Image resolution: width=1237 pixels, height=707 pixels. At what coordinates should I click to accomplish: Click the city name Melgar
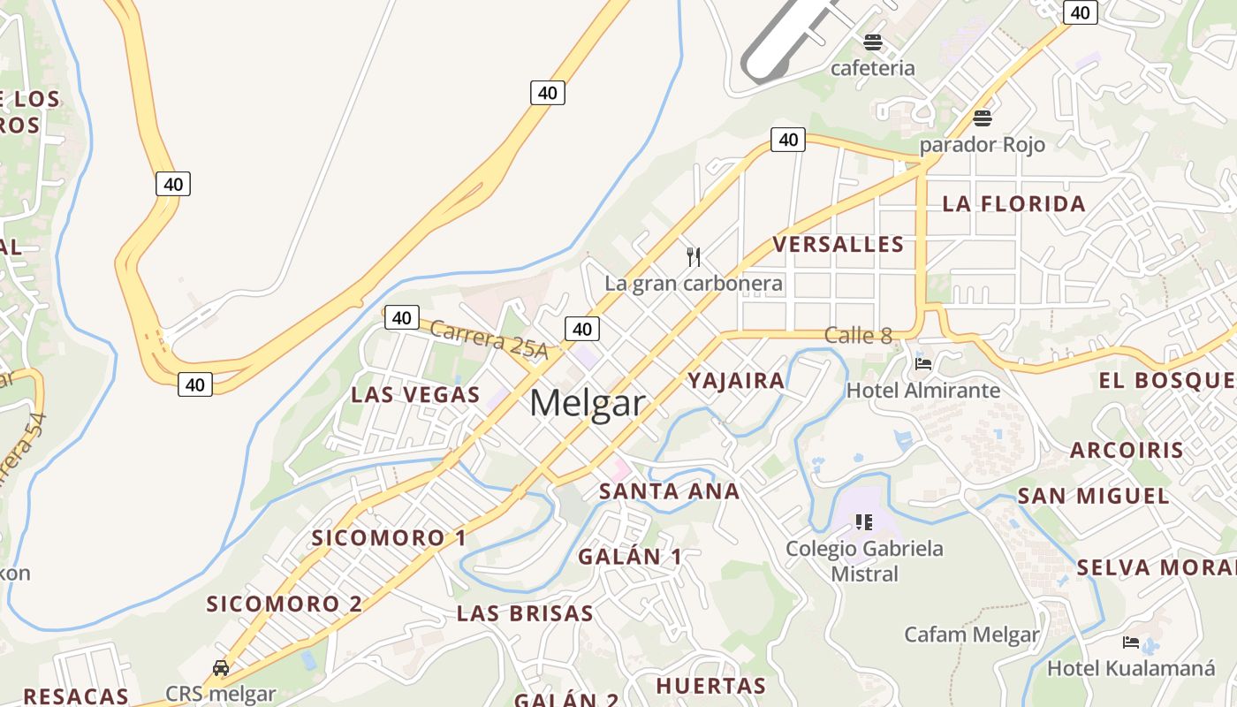point(588,403)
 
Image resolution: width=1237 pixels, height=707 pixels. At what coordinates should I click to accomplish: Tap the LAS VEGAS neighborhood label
point(415,394)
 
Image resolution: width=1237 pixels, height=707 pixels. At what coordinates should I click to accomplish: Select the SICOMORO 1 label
point(389,537)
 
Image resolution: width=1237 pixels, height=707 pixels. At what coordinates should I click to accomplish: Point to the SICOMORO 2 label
point(285,604)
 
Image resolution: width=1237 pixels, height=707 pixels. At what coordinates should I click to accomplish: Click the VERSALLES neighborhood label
point(839,244)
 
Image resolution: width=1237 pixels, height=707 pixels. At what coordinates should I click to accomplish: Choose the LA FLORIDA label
point(1013,203)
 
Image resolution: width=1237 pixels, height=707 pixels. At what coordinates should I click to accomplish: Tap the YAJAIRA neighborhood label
point(736,380)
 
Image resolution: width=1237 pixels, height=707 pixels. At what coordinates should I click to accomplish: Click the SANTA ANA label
point(669,491)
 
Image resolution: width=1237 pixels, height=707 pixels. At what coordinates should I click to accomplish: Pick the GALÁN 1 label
point(630,556)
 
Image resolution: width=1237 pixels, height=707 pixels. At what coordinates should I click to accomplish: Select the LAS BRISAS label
point(525,612)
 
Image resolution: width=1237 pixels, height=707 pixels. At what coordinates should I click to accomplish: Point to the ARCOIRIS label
point(1127,449)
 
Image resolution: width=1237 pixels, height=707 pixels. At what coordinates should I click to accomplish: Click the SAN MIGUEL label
point(1094,495)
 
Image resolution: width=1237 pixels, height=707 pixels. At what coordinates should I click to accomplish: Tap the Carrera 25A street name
point(489,339)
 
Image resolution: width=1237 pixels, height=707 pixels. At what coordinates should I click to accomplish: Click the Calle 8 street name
point(858,335)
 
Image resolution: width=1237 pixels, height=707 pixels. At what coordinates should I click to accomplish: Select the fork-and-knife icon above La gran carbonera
point(694,257)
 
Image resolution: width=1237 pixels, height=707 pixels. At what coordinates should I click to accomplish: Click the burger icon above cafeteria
point(873,42)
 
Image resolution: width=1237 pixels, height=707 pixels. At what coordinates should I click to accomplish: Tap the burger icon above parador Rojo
point(982,118)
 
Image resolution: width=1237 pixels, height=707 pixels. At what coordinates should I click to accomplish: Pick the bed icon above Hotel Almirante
point(923,363)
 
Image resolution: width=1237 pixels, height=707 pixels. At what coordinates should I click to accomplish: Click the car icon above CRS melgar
point(221,668)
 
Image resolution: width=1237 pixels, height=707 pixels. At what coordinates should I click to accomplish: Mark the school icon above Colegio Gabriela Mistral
point(864,522)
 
